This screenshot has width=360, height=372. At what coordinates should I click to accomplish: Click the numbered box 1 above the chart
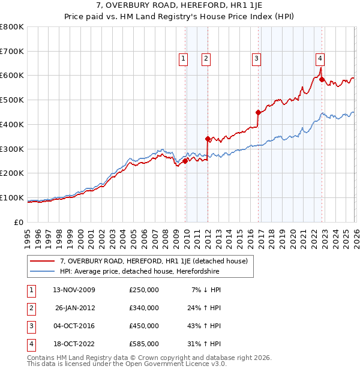pyautogui.click(x=183, y=58)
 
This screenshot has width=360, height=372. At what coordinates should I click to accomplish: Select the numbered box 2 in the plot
pyautogui.click(x=206, y=58)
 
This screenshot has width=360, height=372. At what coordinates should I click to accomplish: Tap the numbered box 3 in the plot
pyautogui.click(x=256, y=58)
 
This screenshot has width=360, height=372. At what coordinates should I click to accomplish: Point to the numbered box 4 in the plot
pyautogui.click(x=320, y=58)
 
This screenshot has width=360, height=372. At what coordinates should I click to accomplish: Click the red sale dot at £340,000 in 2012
pyautogui.click(x=208, y=139)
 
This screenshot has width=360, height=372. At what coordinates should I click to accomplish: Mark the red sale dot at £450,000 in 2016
pyautogui.click(x=258, y=112)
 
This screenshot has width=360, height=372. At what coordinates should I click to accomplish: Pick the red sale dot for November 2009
pyautogui.click(x=185, y=161)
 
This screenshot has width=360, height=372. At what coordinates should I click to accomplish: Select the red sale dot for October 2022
pyautogui.click(x=322, y=79)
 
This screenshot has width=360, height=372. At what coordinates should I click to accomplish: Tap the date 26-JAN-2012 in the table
pyautogui.click(x=75, y=308)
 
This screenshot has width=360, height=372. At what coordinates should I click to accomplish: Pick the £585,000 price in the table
pyautogui.click(x=144, y=344)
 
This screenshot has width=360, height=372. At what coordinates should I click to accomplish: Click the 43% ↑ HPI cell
pyautogui.click(x=204, y=326)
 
